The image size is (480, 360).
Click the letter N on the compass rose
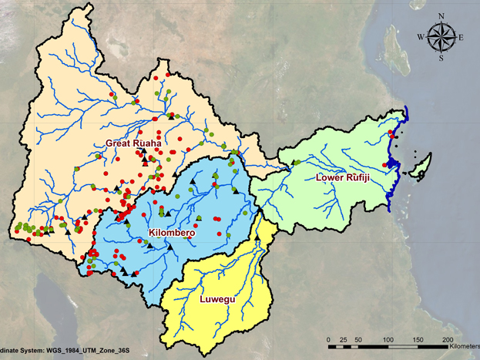(x=441, y=15)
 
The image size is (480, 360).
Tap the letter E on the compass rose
(x=460, y=36)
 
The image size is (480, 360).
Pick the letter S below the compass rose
(x=441, y=58)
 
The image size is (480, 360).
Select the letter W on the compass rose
(x=421, y=36)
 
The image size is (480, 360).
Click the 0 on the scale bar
(x=329, y=339)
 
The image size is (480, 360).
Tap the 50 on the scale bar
(x=357, y=339)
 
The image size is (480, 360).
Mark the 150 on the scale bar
(x=418, y=339)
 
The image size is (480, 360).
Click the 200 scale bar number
(x=447, y=339)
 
